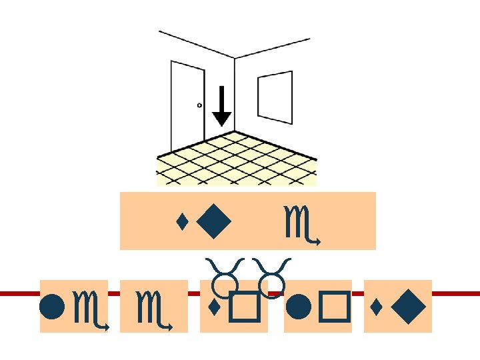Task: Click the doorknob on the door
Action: coord(199,105)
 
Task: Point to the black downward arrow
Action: coord(222,107)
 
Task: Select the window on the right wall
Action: coord(275,98)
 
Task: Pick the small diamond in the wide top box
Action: coord(181,221)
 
